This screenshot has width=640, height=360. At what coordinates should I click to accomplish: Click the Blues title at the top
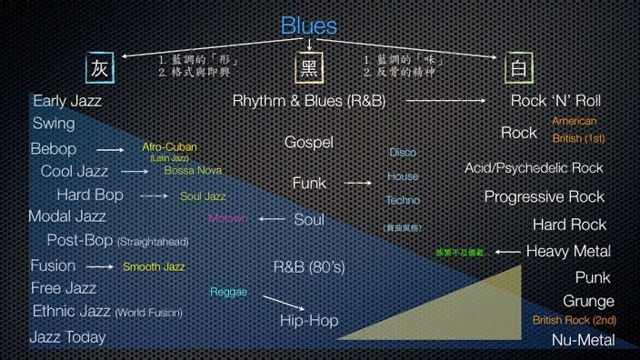pos(309,25)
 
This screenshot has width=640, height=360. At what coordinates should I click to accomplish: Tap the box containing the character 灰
pos(99,68)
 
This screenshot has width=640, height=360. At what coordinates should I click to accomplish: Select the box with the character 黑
pos(309,69)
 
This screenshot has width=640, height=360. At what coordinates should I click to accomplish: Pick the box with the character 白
pos(518,68)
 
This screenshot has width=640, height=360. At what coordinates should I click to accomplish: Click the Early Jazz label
pos(67,101)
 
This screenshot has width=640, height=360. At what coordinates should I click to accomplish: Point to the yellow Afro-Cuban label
pos(169,147)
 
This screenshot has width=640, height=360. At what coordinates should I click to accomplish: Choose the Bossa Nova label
pos(193,170)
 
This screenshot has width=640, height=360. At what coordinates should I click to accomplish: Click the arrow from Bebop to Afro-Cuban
pos(110,149)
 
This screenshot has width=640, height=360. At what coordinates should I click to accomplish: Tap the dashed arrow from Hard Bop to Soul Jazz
pos(155,195)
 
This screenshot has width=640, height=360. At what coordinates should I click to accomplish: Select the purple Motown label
pos(227,219)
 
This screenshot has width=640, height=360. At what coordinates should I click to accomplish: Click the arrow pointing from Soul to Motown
pos(272,219)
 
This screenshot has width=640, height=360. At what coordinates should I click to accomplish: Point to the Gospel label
pos(309,142)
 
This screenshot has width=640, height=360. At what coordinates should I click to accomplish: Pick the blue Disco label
pos(403,153)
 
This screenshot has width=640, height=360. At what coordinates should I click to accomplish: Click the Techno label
pos(403,200)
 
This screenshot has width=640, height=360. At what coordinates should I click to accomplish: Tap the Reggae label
pos(228,292)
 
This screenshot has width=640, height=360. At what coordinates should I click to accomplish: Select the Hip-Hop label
pos(309,320)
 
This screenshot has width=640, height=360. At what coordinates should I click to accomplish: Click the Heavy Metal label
pos(568,251)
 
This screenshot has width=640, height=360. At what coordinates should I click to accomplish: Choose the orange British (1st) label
pos(578,139)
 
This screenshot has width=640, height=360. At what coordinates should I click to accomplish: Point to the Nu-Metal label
pos(583,340)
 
